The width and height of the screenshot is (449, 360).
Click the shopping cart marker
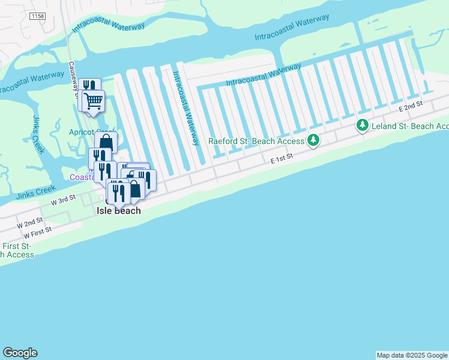94,101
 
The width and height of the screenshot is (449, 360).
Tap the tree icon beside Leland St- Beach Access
362,125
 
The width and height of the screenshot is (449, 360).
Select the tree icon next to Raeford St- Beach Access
313,141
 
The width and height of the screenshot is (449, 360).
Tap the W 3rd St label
63,200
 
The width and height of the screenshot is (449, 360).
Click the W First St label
34,231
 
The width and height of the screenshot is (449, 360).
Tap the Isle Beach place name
119,211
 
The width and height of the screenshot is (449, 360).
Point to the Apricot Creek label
91,132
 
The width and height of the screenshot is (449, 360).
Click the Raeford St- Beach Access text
257,142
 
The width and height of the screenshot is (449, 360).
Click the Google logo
20,353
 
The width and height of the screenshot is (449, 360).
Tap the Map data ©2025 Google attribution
412,355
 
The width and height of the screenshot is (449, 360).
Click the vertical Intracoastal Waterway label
186,108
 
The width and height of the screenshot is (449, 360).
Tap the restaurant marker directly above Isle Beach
118,191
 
